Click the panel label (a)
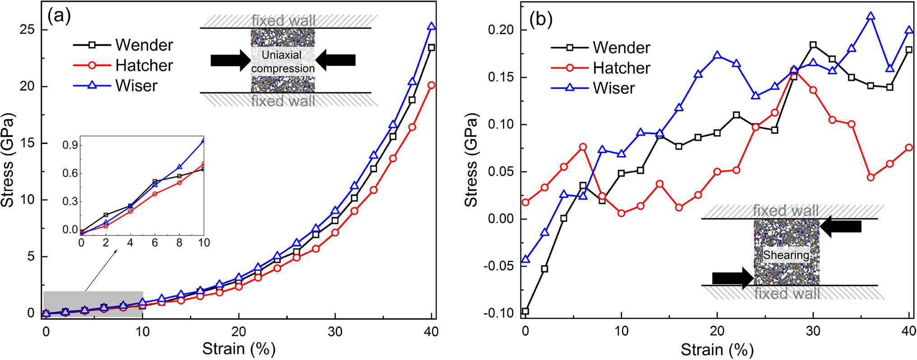coord(59,17)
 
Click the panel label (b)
coord(541,19)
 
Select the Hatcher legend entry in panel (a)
coord(144,65)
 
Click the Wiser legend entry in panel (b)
coord(614,88)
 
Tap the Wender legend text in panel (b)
coord(621,47)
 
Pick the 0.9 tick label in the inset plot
coord(70,145)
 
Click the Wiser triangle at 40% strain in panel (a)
coord(431,27)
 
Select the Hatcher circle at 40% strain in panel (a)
coord(431,85)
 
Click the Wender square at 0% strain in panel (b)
coord(525,311)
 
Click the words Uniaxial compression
coord(283,61)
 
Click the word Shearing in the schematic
coord(786,255)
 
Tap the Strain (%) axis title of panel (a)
coord(238,349)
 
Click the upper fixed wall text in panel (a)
coord(284,20)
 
